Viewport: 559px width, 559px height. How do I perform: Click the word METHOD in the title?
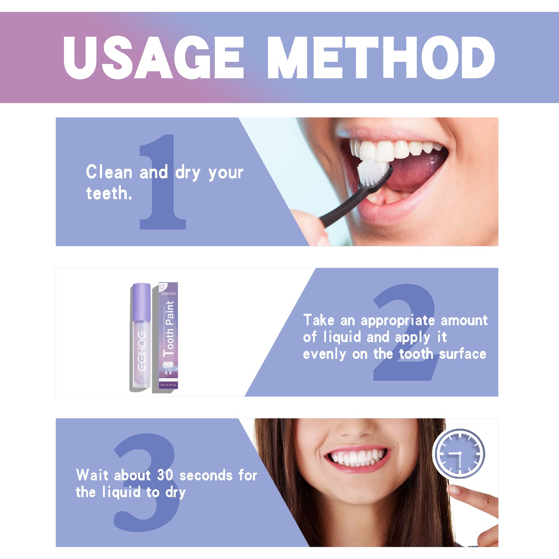(x=381, y=58)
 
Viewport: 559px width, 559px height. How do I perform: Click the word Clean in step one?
(x=109, y=172)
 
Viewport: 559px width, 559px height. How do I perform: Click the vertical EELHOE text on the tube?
(x=141, y=351)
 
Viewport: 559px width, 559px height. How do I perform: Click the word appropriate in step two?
(x=398, y=321)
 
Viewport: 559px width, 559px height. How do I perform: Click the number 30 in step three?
(x=165, y=475)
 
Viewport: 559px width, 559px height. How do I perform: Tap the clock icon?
(x=459, y=453)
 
